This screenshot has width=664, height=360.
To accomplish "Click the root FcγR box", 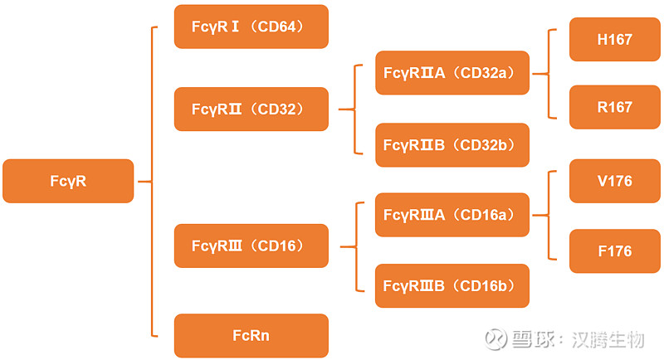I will tap(68, 181).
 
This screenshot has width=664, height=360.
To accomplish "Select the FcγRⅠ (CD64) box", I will tap(251, 27).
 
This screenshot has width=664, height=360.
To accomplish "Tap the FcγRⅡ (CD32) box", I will tap(251, 109).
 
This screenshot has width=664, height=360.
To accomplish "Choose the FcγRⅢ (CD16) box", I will tap(251, 246).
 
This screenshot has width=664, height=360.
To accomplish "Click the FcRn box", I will tap(251, 336).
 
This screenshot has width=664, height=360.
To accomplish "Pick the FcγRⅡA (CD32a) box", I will tap(452, 73).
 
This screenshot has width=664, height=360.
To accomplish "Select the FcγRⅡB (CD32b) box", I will tap(452, 144).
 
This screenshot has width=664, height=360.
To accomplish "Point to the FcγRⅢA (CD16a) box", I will tap(452, 215).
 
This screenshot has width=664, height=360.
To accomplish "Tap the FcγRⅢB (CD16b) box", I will tap(452, 285).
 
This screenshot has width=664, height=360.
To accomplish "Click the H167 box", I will tap(614, 39).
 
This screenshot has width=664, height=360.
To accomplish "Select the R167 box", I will tap(614, 107).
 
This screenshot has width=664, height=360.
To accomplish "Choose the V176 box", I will tap(614, 181).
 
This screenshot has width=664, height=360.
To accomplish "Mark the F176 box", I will tap(614, 251).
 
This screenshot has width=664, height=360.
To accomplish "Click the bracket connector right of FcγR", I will tap(153, 181).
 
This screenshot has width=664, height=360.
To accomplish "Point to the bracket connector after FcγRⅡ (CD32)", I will tap(354, 109).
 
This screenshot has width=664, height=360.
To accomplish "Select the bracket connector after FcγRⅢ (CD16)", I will tap(354, 246).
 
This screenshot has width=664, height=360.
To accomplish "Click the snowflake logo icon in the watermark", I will tap(496, 339).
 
